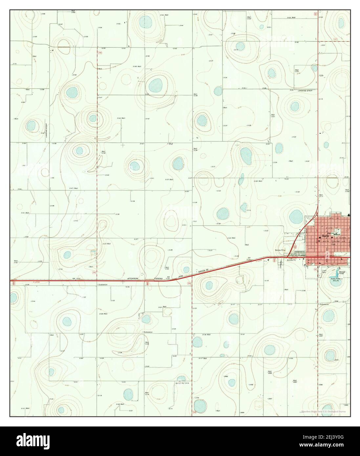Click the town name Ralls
click(325, 236)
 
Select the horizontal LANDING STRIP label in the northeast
click(304, 91)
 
